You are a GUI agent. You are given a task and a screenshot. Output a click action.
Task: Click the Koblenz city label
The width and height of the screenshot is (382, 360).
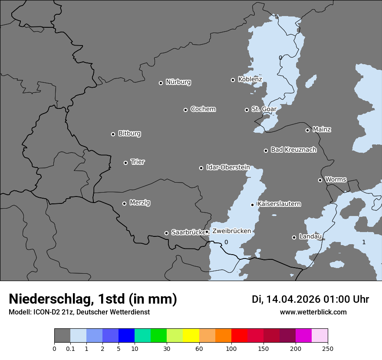(x=250, y=79)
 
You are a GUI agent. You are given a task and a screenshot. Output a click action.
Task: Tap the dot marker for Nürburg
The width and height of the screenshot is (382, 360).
(x=161, y=83)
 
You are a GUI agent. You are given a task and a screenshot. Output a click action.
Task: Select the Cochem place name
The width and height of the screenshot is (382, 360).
(x=203, y=109)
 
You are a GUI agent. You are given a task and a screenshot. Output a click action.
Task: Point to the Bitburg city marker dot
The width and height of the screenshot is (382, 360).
(x=113, y=134)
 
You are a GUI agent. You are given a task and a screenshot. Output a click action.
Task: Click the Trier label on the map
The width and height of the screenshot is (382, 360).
(x=138, y=162)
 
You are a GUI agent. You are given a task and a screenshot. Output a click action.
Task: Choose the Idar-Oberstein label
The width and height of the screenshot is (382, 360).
(x=228, y=167)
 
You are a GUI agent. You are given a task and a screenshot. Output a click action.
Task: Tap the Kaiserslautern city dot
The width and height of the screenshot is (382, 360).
(x=252, y=205)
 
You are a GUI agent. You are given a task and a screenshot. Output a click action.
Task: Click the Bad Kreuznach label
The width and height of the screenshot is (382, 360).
(x=293, y=150)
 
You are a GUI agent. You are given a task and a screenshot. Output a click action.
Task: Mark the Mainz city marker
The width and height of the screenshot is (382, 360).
(x=307, y=130)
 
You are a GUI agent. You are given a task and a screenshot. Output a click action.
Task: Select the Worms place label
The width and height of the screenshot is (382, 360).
(x=336, y=180)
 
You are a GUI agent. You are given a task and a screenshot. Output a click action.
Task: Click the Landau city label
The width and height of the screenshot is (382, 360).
(x=310, y=237)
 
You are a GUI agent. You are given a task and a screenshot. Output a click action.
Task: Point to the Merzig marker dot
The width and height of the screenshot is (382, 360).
(x=124, y=203)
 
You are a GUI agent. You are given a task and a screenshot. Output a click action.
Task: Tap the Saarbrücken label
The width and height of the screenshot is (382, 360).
(x=188, y=232)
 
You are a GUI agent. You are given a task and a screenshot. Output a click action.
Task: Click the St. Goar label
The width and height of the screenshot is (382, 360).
(x=264, y=109)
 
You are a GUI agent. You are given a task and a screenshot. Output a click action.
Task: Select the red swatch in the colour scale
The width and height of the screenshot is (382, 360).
(x=239, y=336)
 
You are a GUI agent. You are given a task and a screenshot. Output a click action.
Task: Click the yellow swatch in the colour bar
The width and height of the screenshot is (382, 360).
(x=191, y=336)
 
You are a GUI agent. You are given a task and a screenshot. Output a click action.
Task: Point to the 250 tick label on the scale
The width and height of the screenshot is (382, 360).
(x=327, y=348)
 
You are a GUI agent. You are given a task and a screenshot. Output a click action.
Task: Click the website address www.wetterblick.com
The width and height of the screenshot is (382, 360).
(x=313, y=312)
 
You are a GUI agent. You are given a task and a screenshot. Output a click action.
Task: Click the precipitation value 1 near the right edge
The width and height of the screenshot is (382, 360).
(x=364, y=242)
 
